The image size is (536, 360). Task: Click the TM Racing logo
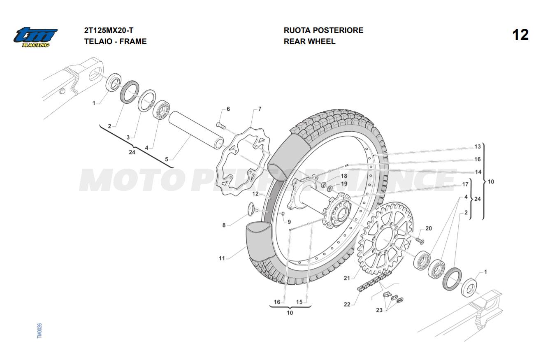(x=35, y=37)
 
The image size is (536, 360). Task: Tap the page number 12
(x=520, y=35)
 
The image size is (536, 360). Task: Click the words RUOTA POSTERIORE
(x=323, y=30)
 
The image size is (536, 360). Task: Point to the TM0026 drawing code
(x=39, y=331)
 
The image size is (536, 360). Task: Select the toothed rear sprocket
(x=385, y=238)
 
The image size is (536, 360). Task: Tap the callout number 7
(x=260, y=109)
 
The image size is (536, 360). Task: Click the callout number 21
(x=347, y=278)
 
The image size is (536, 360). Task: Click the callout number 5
(x=166, y=159)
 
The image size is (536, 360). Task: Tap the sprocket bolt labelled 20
(x=420, y=239)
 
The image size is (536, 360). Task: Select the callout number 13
(x=477, y=147)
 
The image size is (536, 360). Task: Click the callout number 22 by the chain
(x=347, y=304)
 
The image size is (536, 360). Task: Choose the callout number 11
(x=222, y=258)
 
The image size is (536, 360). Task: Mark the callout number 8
(x=224, y=225)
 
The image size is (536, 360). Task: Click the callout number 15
(x=299, y=302)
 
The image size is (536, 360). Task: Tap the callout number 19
(x=344, y=183)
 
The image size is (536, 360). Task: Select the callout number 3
(x=128, y=137)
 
